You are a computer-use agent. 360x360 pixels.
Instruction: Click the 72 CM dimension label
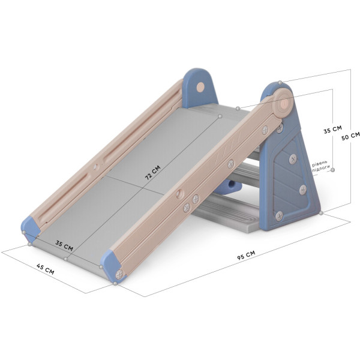(x=152, y=172)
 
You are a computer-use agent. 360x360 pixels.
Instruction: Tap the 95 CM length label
(x=246, y=256)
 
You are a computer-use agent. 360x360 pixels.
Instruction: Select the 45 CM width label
(x=46, y=269)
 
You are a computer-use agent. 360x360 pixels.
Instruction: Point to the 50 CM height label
(x=350, y=136)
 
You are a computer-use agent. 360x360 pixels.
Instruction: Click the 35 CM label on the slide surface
(x=64, y=245)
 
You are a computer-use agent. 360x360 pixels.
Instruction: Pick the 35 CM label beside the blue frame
(x=332, y=130)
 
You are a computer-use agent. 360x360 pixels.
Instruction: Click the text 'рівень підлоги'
(x=320, y=167)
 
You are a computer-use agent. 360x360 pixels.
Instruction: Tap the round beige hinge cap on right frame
(x=284, y=103)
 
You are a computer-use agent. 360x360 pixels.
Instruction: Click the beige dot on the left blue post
(x=200, y=87)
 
